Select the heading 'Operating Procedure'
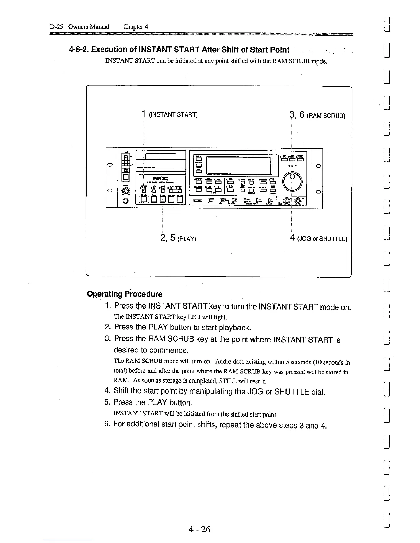click(125, 294)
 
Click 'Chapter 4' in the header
click(136, 27)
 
